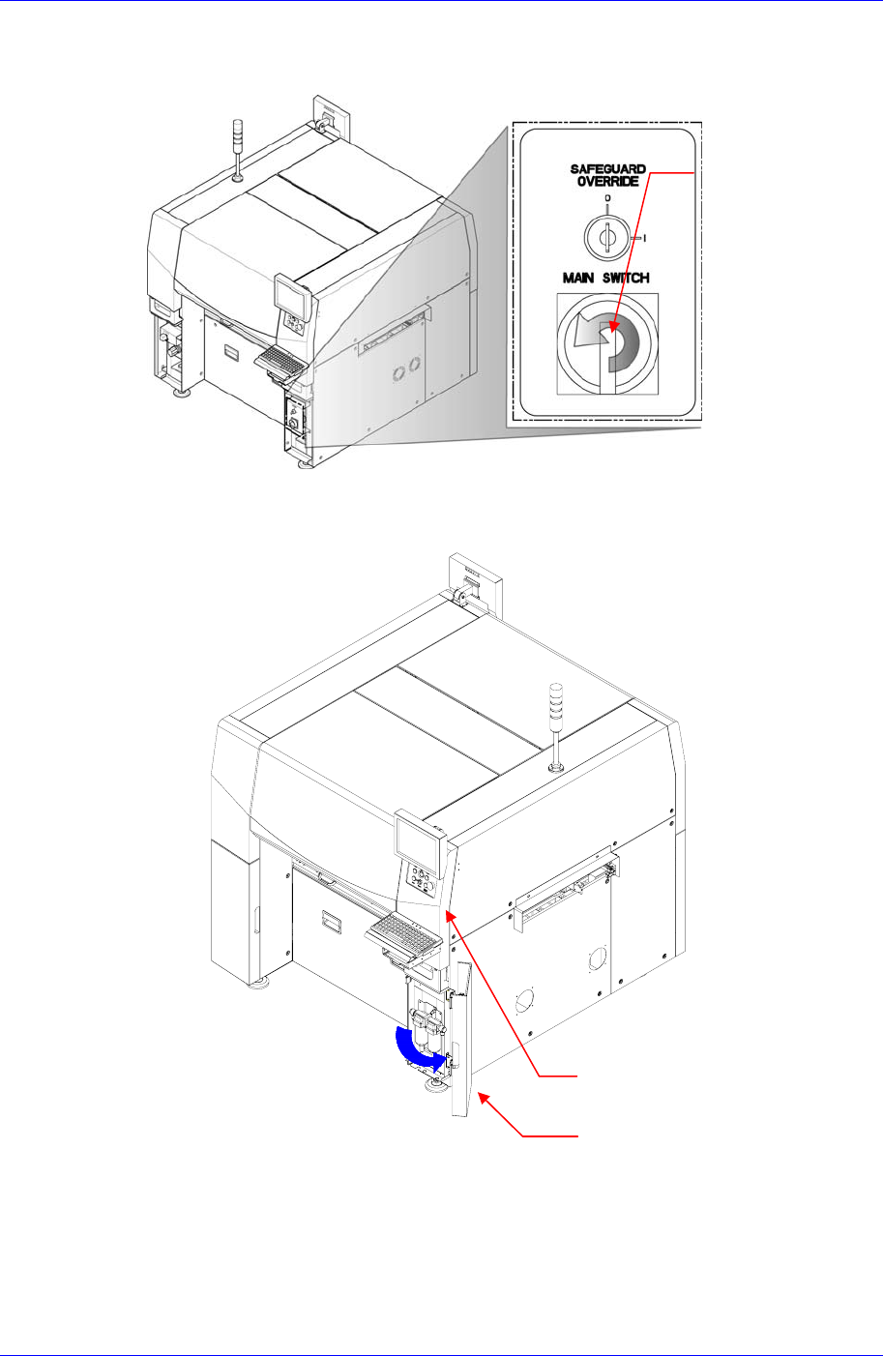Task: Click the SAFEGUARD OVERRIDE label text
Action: point(607,176)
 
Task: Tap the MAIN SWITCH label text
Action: point(606,279)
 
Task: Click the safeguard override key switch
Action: point(606,234)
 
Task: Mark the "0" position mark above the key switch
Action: point(606,198)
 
